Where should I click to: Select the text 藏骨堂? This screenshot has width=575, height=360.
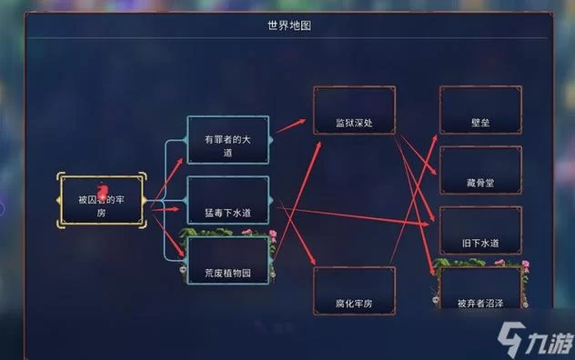click(x=479, y=183)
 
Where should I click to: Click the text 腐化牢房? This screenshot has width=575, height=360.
click(x=354, y=301)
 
